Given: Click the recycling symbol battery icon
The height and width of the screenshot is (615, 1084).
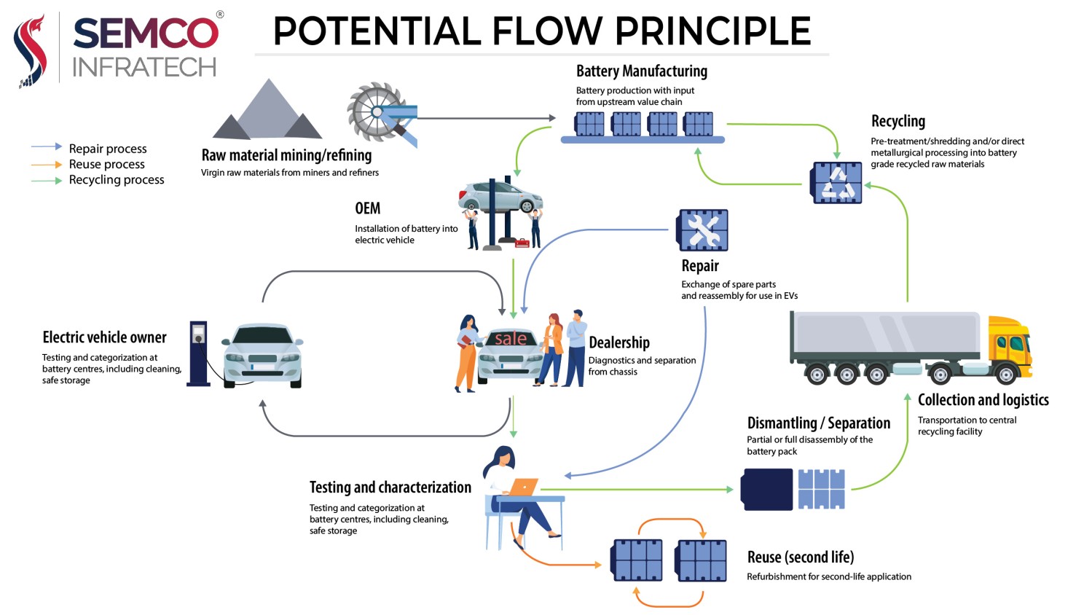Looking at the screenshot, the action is click(x=836, y=182).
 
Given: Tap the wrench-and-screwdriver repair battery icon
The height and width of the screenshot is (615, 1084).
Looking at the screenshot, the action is click(x=702, y=230).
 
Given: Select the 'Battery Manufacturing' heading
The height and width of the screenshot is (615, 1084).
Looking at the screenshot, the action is click(x=642, y=71).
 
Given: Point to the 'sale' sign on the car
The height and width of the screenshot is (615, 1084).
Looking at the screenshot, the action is click(x=511, y=339).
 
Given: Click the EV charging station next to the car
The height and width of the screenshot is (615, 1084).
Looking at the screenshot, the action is click(x=198, y=353).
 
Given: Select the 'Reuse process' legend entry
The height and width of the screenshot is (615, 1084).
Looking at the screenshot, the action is click(x=88, y=165).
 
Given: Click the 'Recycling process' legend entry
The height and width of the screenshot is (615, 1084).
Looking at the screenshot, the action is click(x=98, y=180).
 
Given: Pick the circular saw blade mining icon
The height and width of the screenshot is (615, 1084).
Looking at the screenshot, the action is click(x=377, y=111).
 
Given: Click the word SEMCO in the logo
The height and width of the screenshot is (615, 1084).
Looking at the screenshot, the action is click(x=146, y=33).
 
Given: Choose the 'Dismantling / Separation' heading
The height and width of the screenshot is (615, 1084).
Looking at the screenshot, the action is click(x=819, y=423).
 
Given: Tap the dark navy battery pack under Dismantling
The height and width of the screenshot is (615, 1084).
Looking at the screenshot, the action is click(x=767, y=489).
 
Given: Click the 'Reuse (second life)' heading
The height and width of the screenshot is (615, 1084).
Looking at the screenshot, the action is click(x=801, y=557).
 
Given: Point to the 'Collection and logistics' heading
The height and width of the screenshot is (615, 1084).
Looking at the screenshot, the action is click(x=983, y=400).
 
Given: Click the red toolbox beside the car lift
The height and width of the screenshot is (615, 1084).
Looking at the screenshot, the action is click(x=522, y=243).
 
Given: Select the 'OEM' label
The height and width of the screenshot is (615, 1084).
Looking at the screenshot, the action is click(x=368, y=208).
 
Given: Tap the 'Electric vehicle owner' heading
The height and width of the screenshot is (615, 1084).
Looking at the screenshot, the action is click(x=104, y=337).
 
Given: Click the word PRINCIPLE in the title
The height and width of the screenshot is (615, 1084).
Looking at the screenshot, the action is click(x=712, y=31).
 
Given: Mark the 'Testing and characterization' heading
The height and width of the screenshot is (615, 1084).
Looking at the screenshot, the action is click(x=390, y=487).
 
